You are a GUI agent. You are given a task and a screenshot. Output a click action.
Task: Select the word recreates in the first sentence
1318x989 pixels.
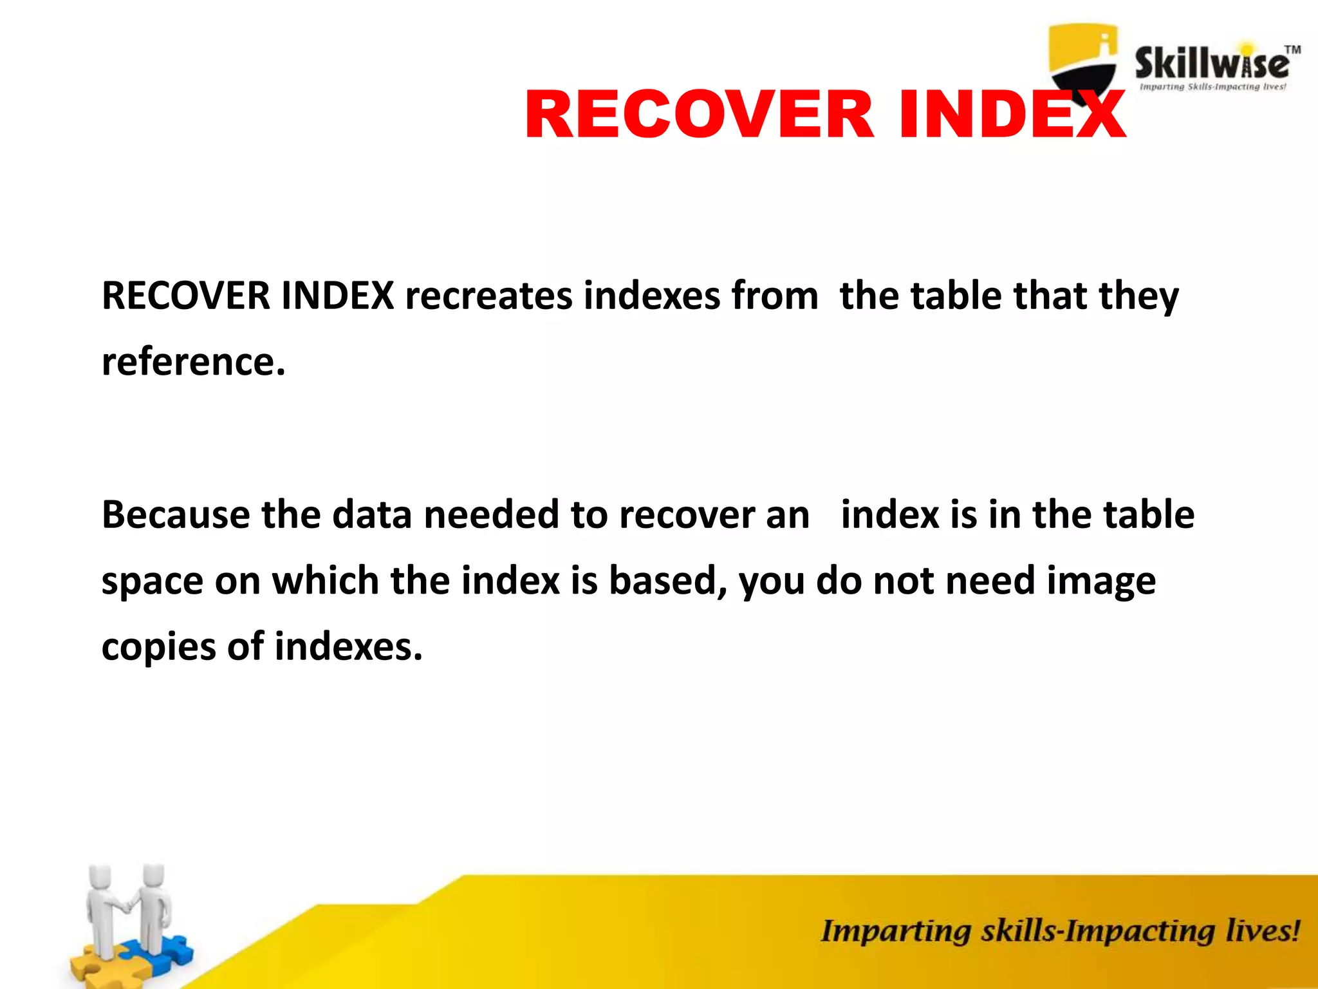pyautogui.click(x=488, y=296)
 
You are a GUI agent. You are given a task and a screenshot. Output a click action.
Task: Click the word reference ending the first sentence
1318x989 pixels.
pyautogui.click(x=193, y=362)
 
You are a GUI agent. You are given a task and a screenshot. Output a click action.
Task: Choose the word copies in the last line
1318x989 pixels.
pyautogui.click(x=158, y=648)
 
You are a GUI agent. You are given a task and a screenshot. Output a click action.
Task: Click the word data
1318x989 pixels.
pyautogui.click(x=372, y=515)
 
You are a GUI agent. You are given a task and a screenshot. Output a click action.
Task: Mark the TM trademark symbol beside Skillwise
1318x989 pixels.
pyautogui.click(x=1292, y=50)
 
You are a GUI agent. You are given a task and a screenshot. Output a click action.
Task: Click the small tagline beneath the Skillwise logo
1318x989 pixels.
pyautogui.click(x=1212, y=87)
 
